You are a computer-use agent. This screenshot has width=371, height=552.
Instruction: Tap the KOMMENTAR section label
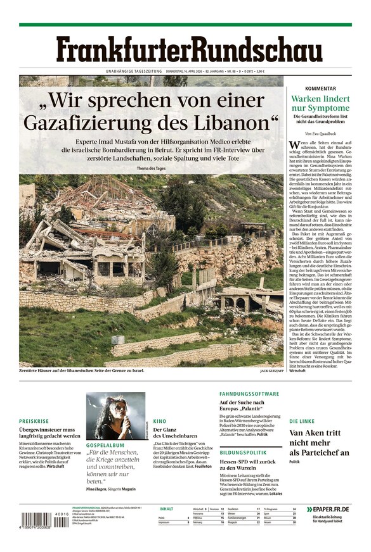point(320,89)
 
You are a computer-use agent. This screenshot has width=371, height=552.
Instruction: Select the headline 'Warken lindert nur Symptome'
point(320,103)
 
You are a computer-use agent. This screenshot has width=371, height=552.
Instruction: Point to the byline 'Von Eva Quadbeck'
point(320,134)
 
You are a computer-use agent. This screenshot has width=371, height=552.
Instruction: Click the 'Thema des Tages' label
point(152,168)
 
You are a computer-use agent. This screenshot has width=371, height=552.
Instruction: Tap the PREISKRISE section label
point(34,421)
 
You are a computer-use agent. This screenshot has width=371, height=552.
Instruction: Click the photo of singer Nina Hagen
point(115,415)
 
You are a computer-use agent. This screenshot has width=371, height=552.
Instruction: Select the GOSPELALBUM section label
point(105,445)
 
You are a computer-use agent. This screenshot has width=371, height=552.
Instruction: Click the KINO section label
point(159,421)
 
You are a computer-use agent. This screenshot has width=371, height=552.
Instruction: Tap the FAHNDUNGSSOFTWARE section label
point(249,394)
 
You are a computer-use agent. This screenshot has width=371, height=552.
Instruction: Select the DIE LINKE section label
point(302,421)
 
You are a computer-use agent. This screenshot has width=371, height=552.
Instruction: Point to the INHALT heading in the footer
point(166,508)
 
